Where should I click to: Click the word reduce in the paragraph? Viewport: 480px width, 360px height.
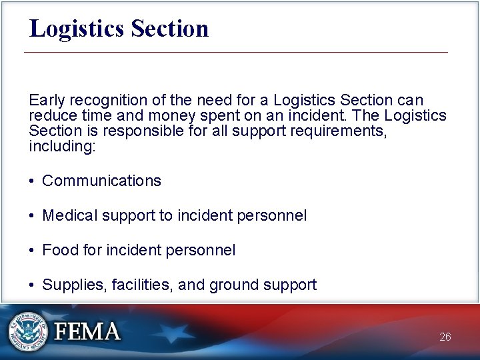pos(51,115)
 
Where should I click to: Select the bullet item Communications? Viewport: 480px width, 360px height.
pos(101,181)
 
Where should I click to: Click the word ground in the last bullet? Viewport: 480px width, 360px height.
pos(231,285)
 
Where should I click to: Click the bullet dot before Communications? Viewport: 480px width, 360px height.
pos(32,181)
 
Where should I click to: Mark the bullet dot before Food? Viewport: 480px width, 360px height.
pos(32,251)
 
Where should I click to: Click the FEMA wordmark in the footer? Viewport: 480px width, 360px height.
pos(87,331)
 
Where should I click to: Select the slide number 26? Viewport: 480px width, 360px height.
pos(445,337)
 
